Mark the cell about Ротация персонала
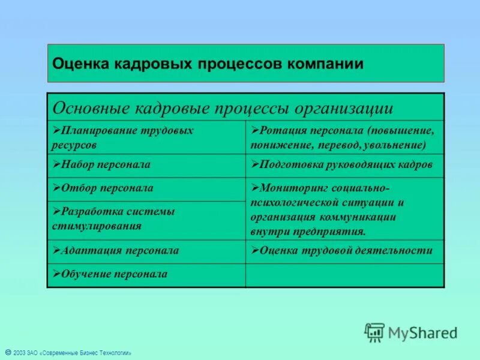pos(345,137)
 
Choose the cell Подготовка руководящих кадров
pos(345,164)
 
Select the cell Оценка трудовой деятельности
pos(345,251)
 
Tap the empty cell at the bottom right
pos(345,275)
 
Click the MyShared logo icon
pos(374,332)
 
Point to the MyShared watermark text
pos(422,332)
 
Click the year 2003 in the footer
pos(19,353)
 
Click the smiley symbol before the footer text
pos(7,352)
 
